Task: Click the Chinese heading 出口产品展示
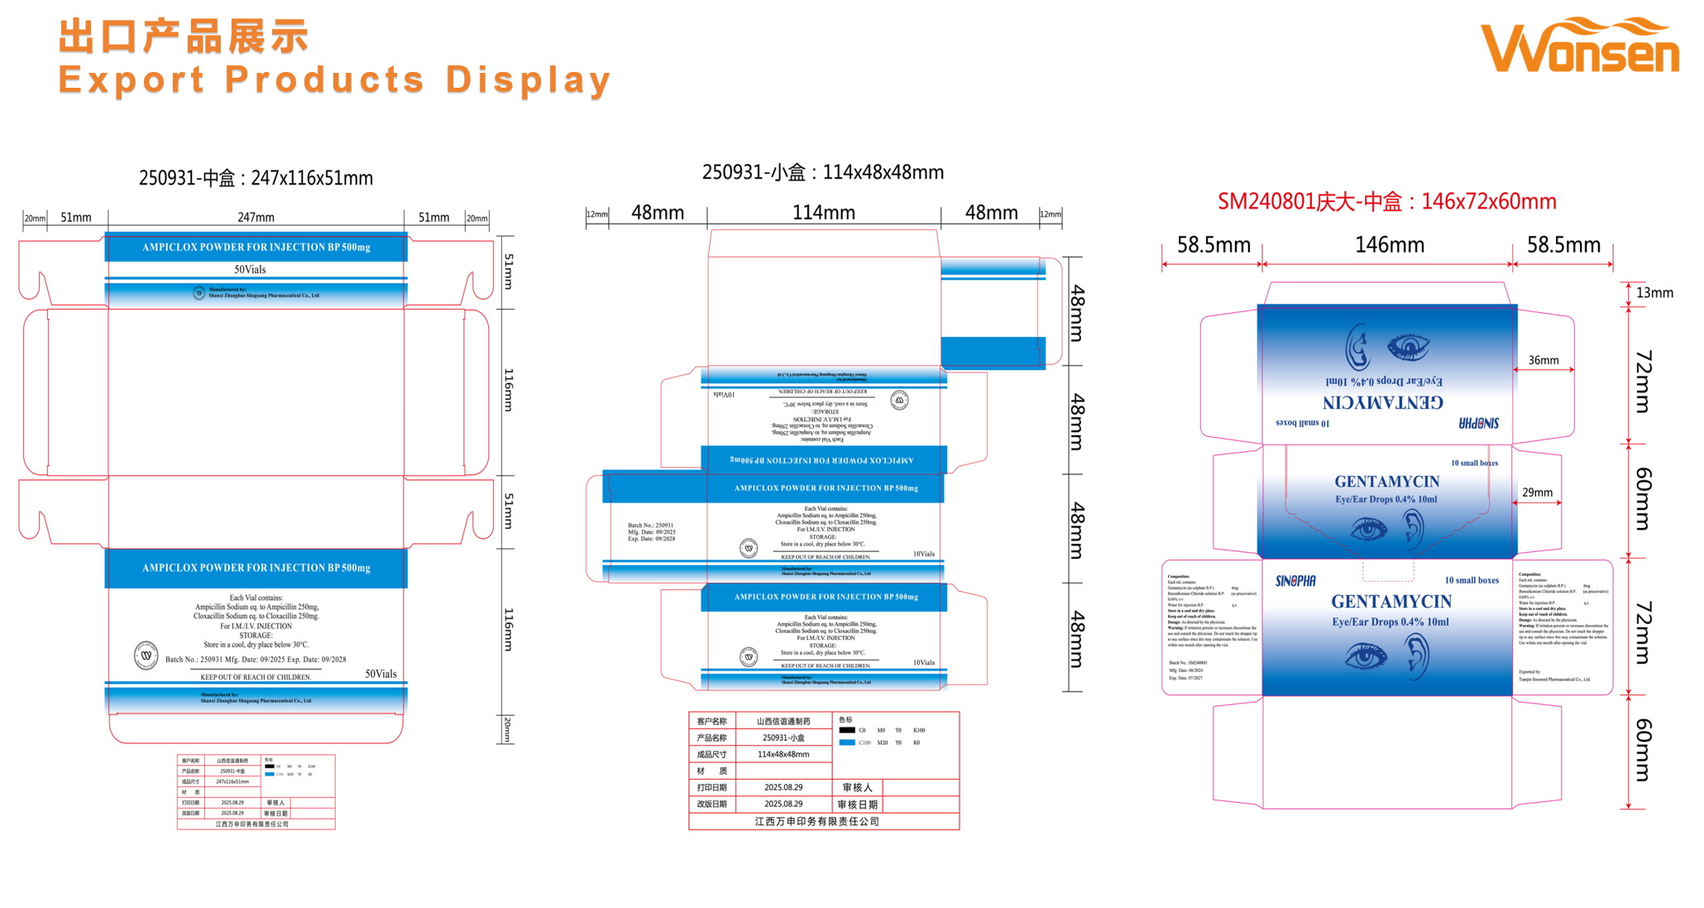183,37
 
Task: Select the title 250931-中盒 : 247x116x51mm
256,178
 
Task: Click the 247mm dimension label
256,217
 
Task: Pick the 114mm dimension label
823,213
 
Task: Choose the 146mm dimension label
1389,245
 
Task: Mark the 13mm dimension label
1654,293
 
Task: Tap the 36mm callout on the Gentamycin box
1543,360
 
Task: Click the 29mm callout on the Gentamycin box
1537,492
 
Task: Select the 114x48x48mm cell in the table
783,754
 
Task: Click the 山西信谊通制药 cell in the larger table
783,721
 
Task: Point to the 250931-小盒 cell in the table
783,737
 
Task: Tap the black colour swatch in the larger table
846,730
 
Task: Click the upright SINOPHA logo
1295,581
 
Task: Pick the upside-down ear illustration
1357,348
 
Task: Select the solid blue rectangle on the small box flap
993,352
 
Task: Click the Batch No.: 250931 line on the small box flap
650,526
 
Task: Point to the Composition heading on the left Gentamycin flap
1178,576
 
